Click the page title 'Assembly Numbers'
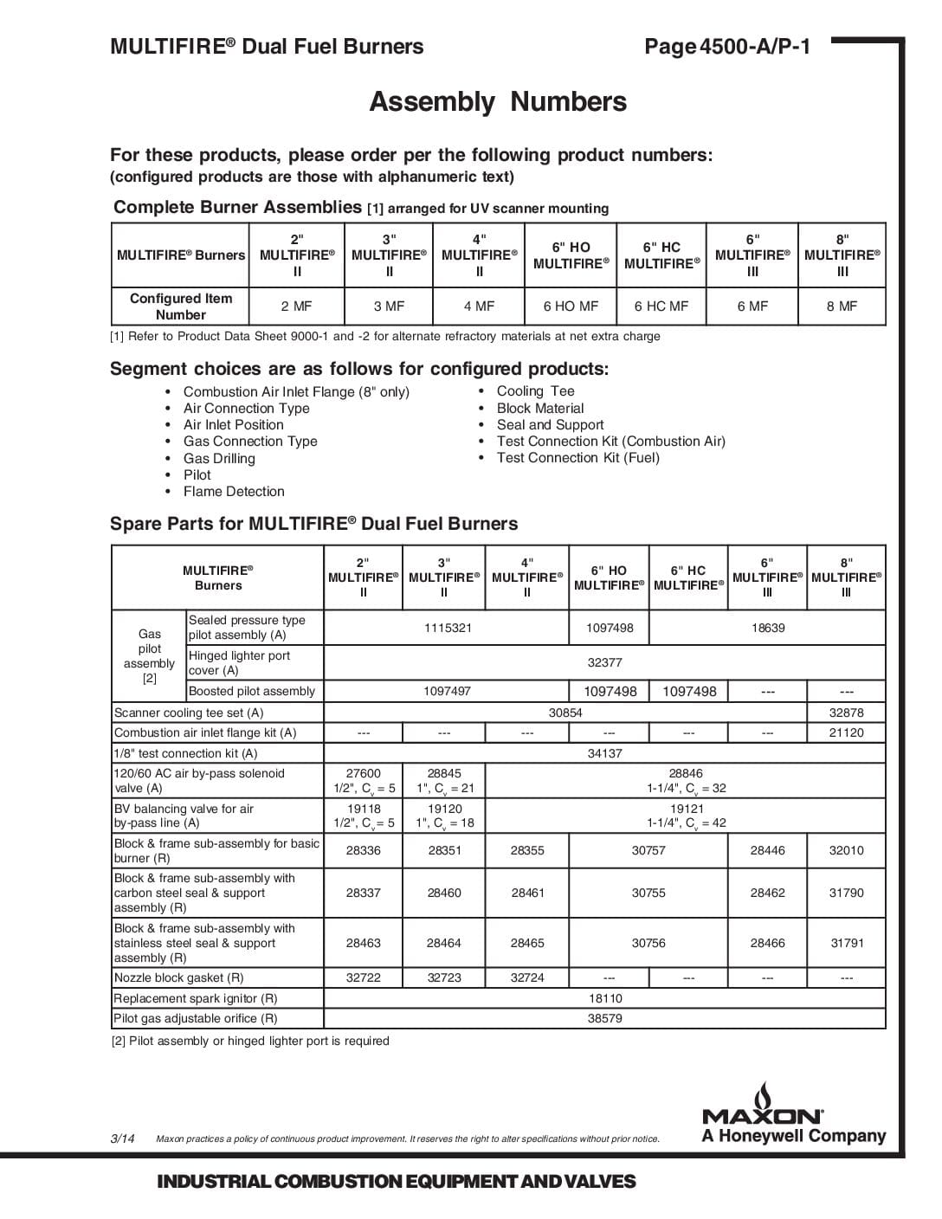498,102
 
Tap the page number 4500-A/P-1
727,47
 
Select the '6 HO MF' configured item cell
571,306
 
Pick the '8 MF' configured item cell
842,306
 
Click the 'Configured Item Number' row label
181,306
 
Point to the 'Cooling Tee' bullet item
535,391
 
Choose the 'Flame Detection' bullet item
234,492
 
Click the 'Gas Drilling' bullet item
219,459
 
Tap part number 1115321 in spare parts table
448,628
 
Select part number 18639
768,628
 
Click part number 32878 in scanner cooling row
847,713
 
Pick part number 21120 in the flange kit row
847,732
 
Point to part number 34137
604,753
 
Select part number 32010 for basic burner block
847,850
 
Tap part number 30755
648,893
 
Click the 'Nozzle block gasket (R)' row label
179,977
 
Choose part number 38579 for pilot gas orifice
604,1018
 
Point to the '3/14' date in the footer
122,1138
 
